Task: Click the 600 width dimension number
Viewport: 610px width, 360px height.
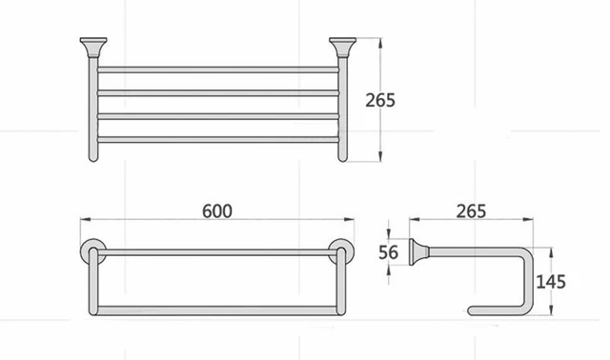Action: coord(216,210)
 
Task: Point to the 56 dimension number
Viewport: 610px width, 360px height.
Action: coord(387,252)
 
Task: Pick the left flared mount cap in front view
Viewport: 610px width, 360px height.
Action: coord(91,47)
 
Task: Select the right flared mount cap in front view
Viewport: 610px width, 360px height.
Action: coord(342,47)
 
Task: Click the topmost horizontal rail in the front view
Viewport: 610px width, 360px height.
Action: coord(216,70)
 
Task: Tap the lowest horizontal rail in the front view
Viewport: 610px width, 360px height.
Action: coord(216,140)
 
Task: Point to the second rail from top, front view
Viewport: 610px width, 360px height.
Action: coord(216,92)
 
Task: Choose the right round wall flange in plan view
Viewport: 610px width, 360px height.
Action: coord(339,252)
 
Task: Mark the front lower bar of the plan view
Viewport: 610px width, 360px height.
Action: coord(216,309)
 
